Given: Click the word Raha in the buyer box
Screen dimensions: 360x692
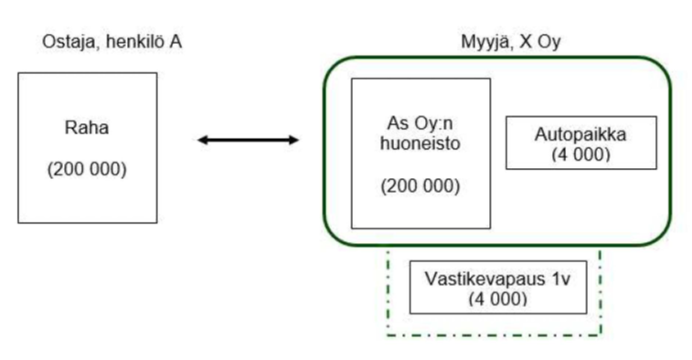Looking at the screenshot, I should coord(86,128).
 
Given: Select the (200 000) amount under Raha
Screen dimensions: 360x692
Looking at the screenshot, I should coord(86,171).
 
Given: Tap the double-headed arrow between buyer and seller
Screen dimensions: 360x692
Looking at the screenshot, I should coord(249,140).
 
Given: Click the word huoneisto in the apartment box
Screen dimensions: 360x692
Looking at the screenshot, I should coord(421,144).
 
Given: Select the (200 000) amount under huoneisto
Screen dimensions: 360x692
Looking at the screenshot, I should coord(421,186).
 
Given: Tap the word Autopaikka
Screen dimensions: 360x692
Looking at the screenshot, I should coord(581,134).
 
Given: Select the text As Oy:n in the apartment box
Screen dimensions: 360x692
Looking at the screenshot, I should coord(421,126).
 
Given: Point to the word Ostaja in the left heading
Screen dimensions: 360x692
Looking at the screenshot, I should coord(63,41).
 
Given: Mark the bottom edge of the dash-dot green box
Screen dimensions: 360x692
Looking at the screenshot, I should coord(494,335).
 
